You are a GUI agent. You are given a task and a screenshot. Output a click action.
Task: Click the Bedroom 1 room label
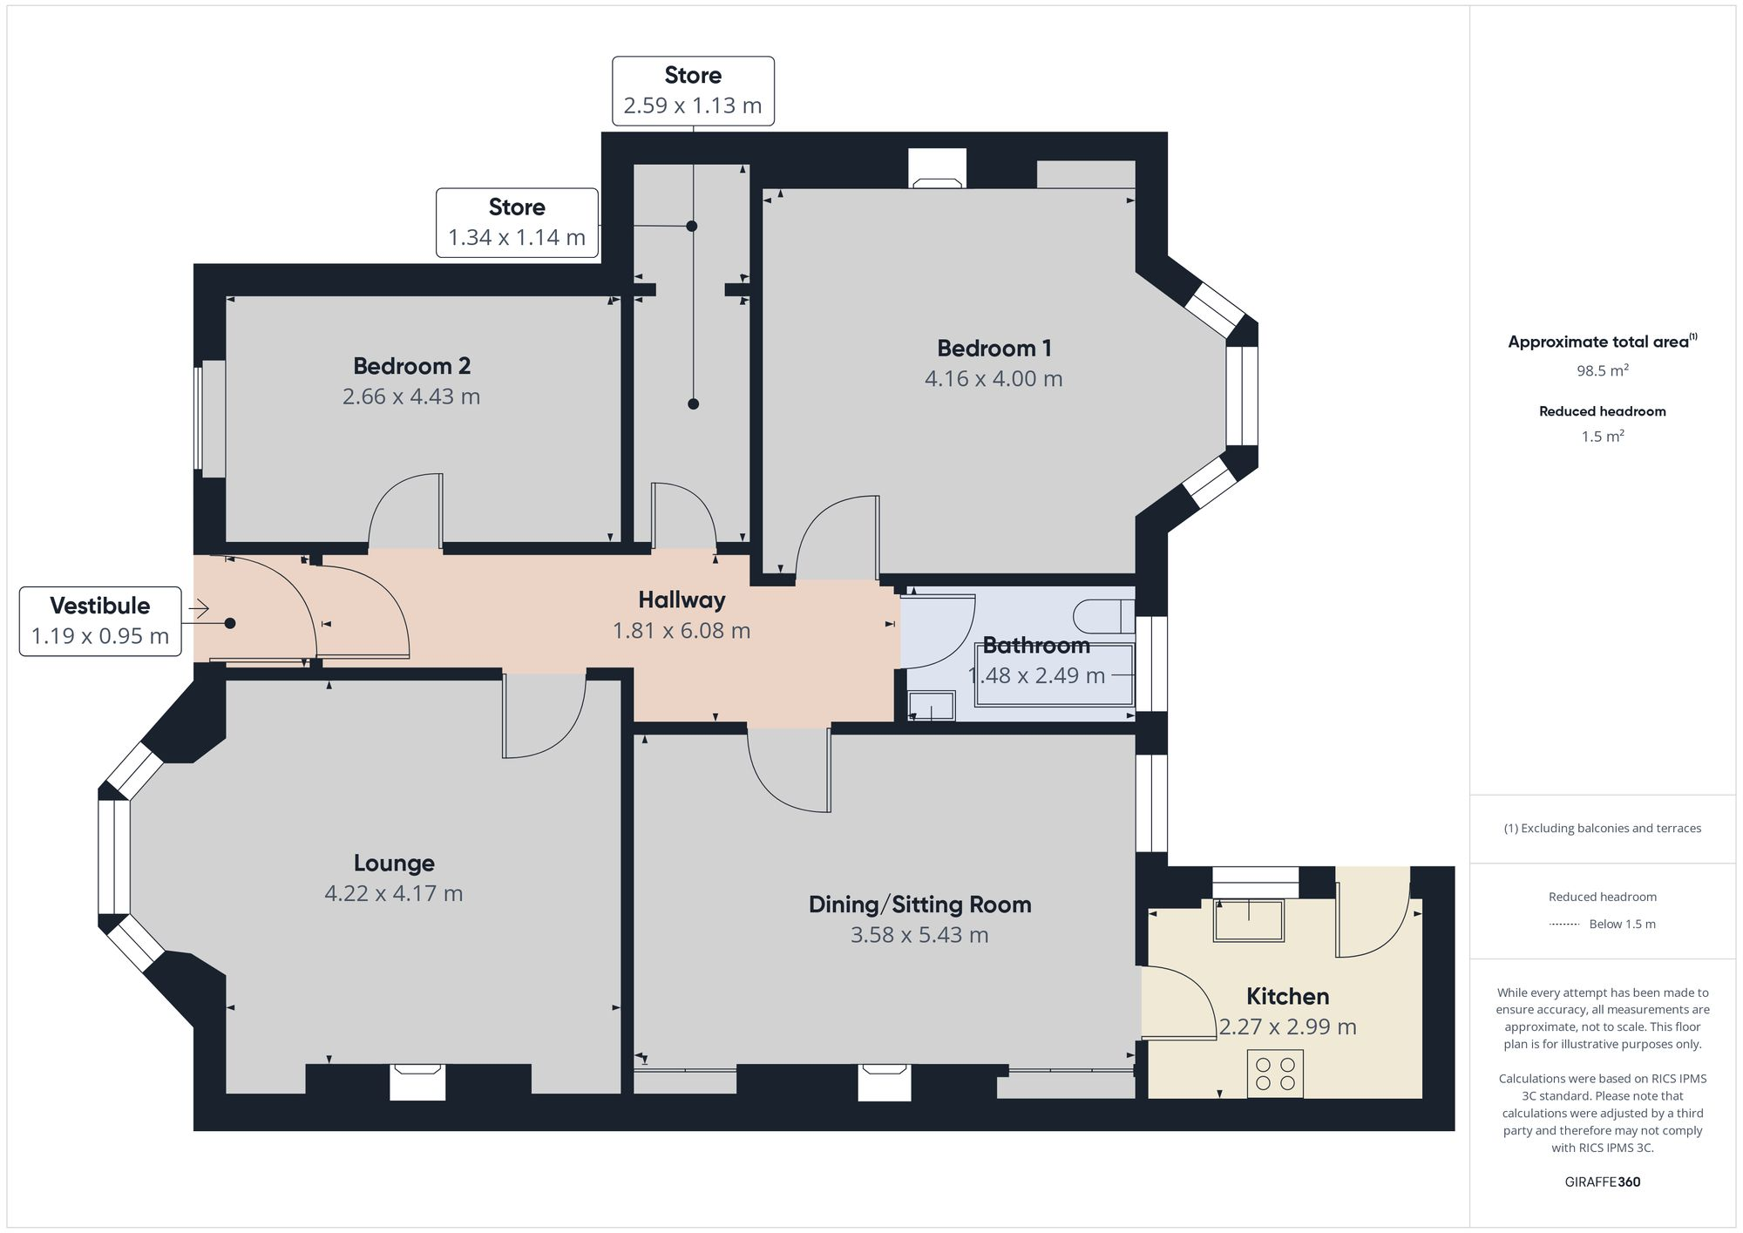tap(994, 349)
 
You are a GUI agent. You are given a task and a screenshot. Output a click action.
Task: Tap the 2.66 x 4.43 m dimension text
tap(411, 396)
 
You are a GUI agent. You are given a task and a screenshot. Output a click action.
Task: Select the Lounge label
tap(394, 863)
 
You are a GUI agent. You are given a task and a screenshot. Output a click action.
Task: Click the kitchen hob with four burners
tap(1275, 1073)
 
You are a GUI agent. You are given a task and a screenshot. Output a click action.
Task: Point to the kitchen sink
tap(1249, 921)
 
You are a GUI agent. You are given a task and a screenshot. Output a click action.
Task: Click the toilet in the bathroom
tap(1103, 616)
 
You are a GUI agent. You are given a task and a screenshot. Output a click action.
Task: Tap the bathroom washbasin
tap(932, 706)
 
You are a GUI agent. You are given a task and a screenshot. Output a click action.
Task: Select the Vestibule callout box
tap(100, 620)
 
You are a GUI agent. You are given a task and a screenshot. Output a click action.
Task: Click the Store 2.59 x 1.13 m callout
tap(693, 91)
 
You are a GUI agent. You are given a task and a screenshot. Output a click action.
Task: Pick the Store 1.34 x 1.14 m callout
tap(517, 222)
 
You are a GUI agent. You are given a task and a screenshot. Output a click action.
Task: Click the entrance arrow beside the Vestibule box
tap(199, 608)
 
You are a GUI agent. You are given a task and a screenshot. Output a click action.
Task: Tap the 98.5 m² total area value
tap(1602, 370)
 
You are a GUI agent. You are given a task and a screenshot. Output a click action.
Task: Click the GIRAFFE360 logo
tap(1602, 1182)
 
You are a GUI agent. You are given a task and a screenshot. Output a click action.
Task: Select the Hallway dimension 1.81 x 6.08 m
tap(682, 631)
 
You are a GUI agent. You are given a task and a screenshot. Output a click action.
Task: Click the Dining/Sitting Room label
tap(919, 904)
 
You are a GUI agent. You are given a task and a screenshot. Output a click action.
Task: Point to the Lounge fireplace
tap(417, 1081)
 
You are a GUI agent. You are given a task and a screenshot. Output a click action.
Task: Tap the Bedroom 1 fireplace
tap(937, 169)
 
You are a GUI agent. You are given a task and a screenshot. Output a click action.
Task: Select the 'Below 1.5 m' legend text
tap(1622, 924)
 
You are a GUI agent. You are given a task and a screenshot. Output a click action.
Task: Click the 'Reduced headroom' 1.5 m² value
tap(1602, 437)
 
